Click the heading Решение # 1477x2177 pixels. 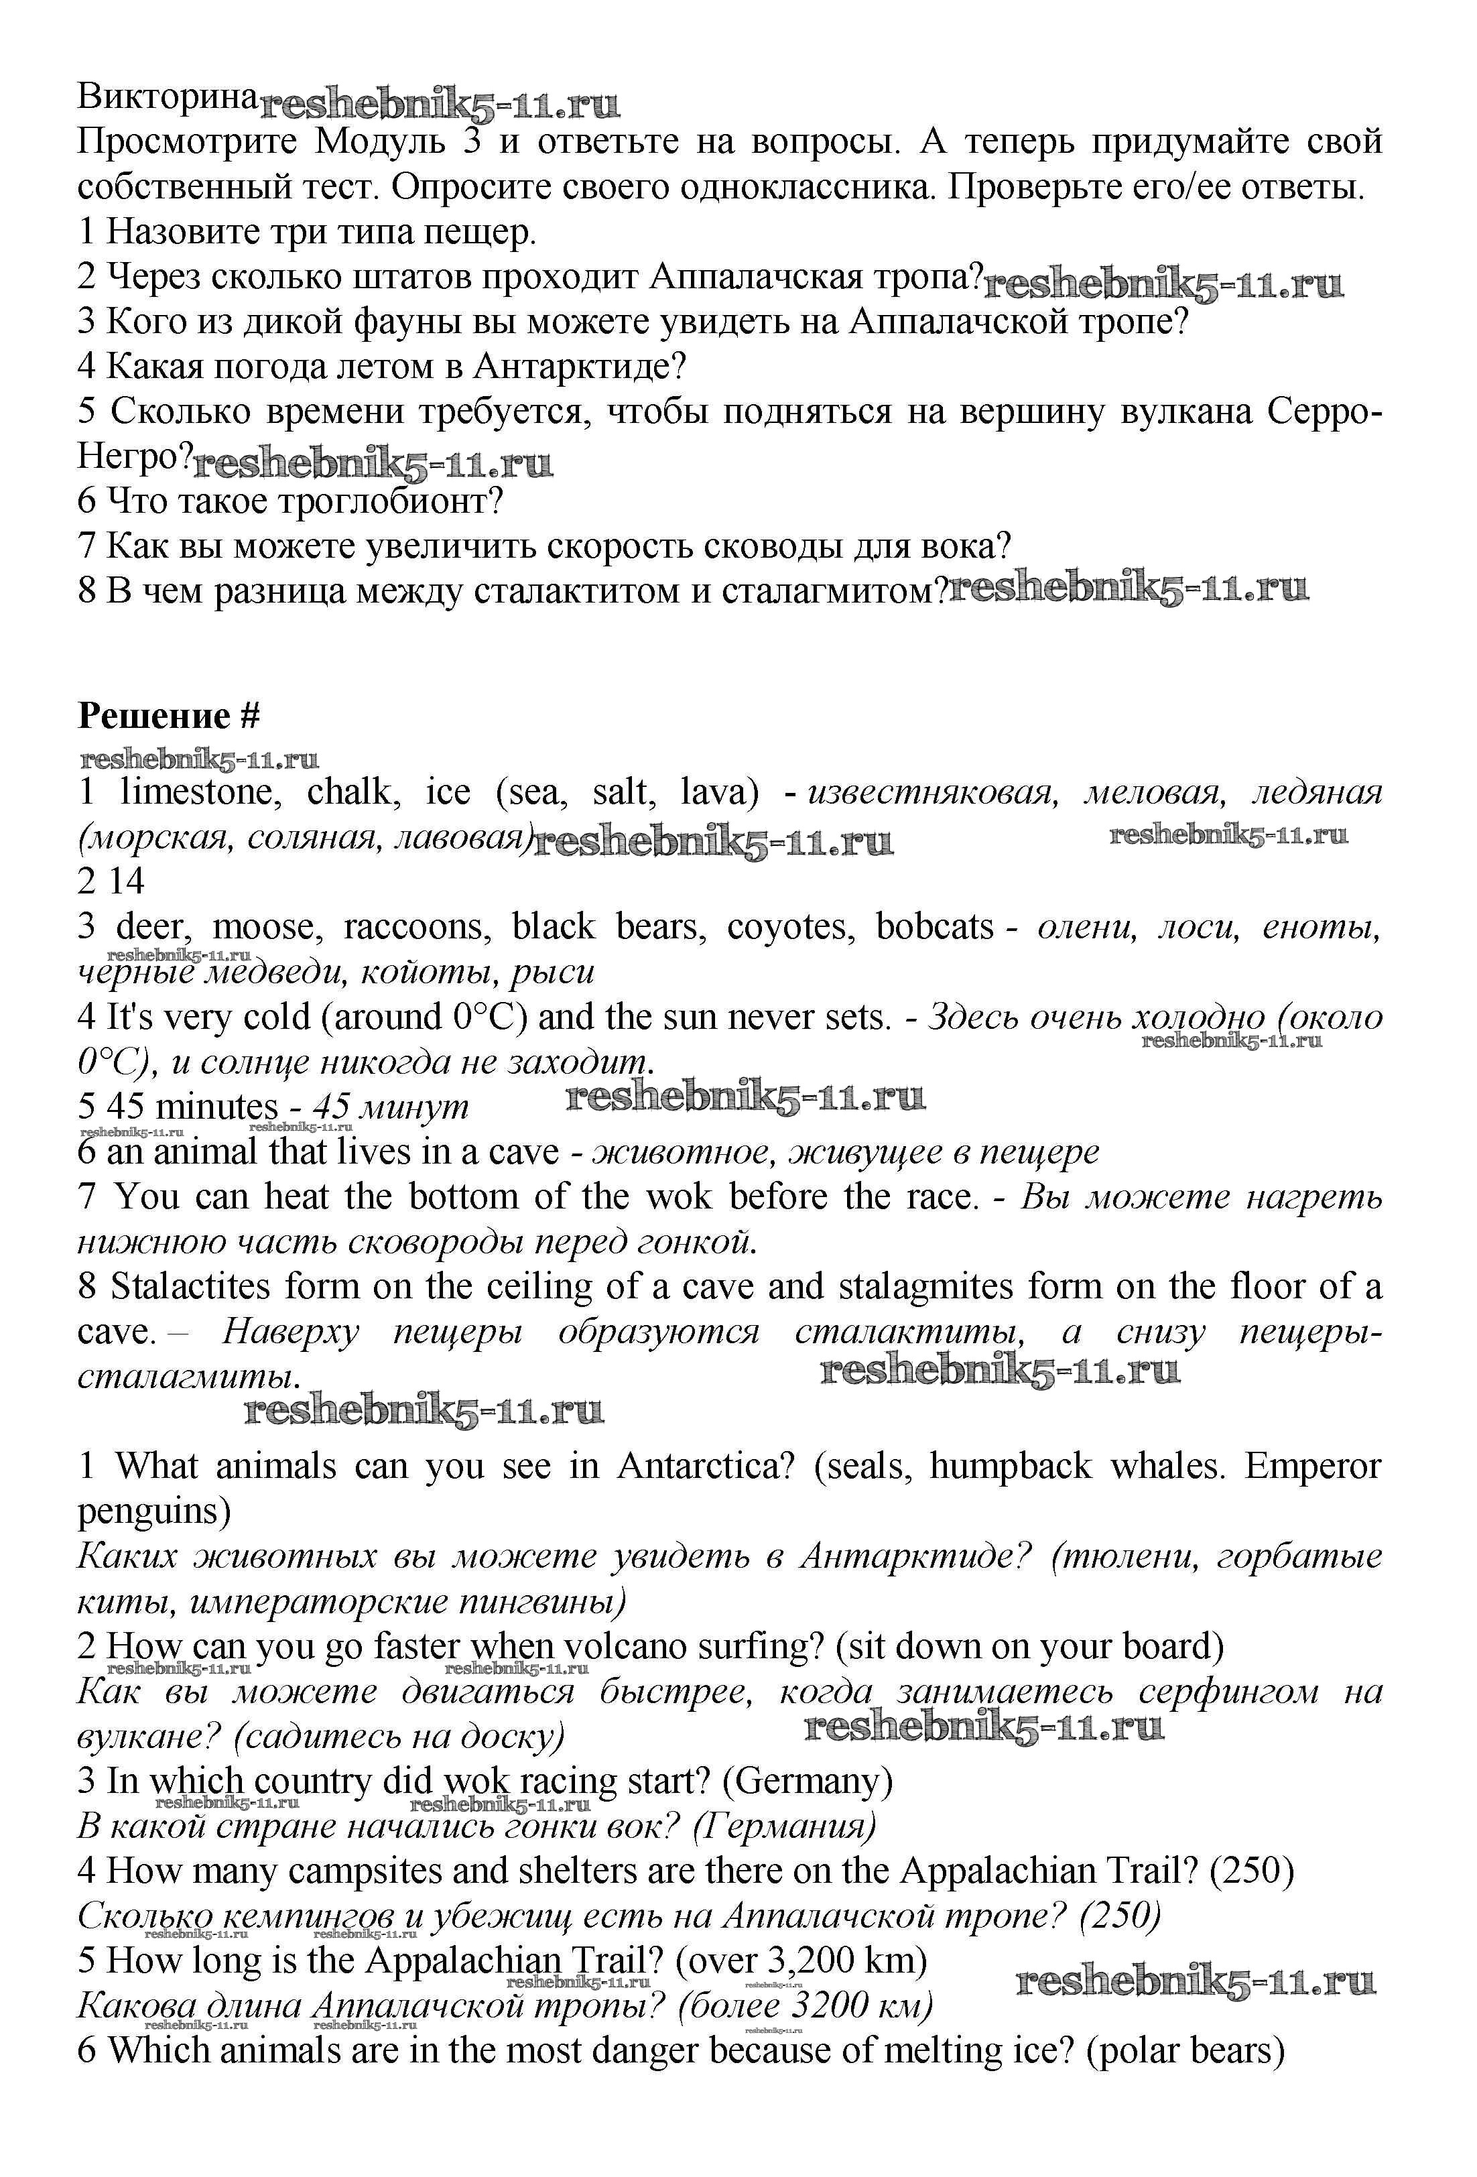[169, 716]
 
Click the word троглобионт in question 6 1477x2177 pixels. [393, 502]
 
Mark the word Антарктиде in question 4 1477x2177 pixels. [580, 366]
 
